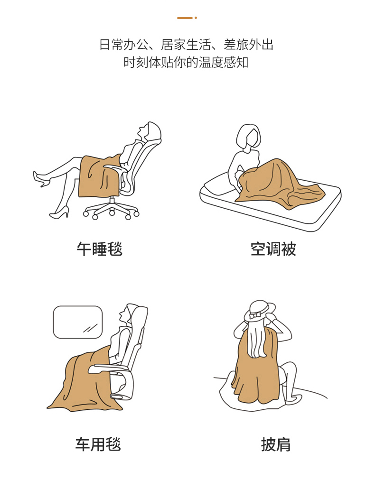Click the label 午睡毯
100,249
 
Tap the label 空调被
273,249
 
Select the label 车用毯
98,444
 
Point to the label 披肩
276,444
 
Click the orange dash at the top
185,18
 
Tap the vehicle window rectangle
78,322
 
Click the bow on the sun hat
254,315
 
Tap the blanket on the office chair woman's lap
99,176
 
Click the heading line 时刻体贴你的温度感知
186,63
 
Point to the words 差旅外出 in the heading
248,45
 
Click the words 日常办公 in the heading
124,45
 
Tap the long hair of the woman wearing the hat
257,340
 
